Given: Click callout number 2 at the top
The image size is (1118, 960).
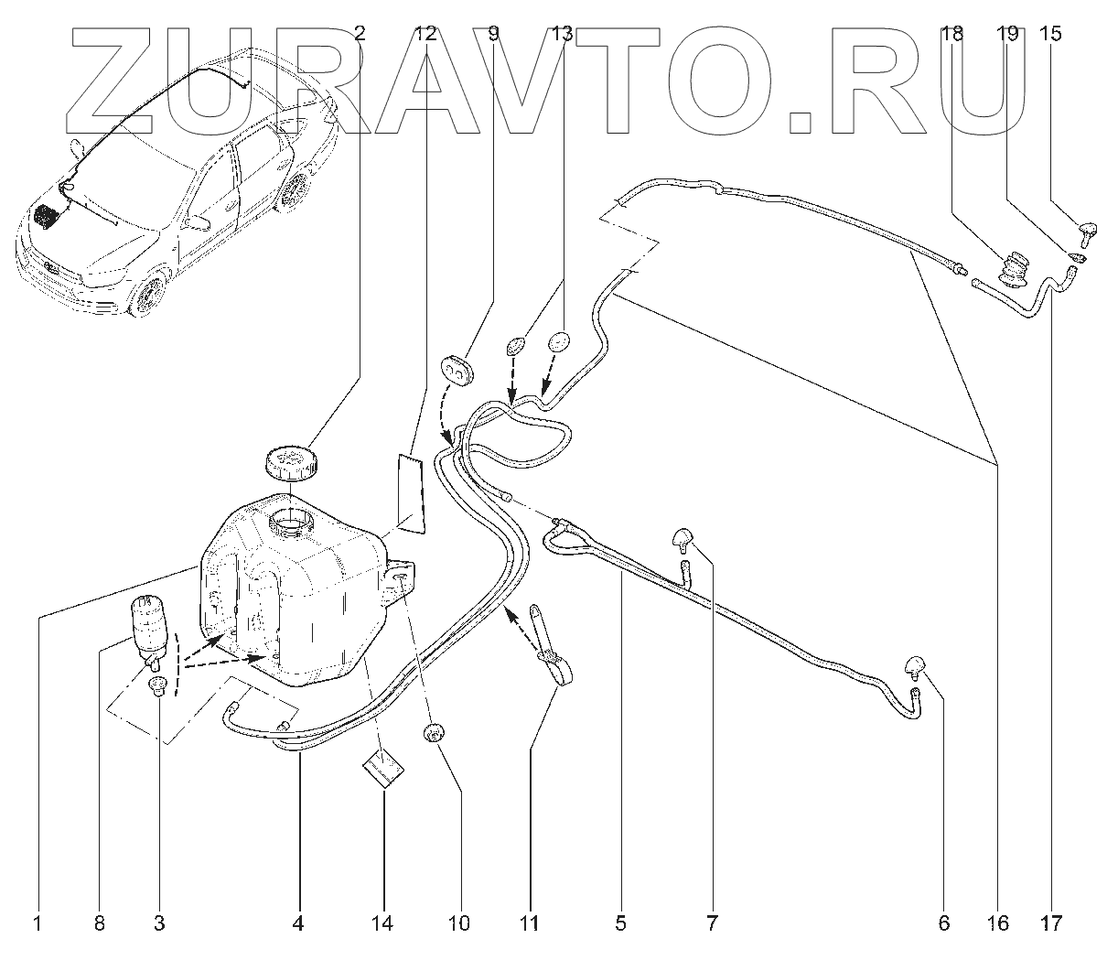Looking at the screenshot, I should pyautogui.click(x=360, y=35).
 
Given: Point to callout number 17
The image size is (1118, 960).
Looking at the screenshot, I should pyautogui.click(x=1052, y=923).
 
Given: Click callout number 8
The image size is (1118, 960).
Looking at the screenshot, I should pyautogui.click(x=99, y=923).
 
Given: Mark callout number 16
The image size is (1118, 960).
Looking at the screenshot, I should pyautogui.click(x=998, y=923).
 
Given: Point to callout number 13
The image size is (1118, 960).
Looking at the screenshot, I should pyautogui.click(x=562, y=35).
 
